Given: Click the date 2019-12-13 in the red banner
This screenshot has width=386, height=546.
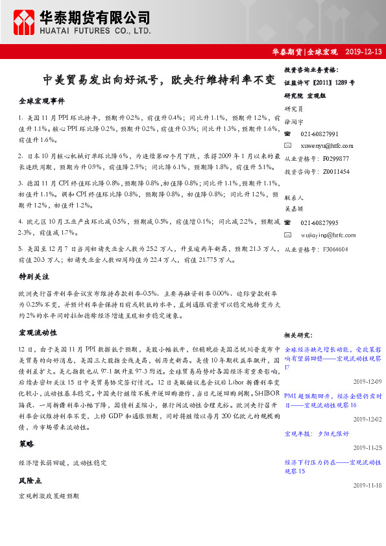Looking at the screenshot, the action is tap(363, 51).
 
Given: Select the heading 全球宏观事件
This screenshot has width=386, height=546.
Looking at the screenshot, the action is tap(42, 102).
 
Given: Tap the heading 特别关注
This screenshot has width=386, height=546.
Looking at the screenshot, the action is tap(32, 276).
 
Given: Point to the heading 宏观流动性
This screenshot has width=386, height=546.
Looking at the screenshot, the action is tap(38, 333).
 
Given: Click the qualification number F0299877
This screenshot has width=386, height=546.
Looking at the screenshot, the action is tap(335, 158).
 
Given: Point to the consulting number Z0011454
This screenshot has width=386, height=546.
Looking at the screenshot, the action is tap(335, 171).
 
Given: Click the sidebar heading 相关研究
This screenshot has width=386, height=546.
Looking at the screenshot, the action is tap(298, 335).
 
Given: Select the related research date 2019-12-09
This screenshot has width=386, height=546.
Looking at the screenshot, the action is tap(367, 382).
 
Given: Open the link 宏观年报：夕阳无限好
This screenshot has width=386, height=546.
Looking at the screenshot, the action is tap(316, 433).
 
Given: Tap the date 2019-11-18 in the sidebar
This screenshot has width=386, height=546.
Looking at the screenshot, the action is tap(367, 485).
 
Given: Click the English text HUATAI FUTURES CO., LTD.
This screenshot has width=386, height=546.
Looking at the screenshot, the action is tap(95, 30).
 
